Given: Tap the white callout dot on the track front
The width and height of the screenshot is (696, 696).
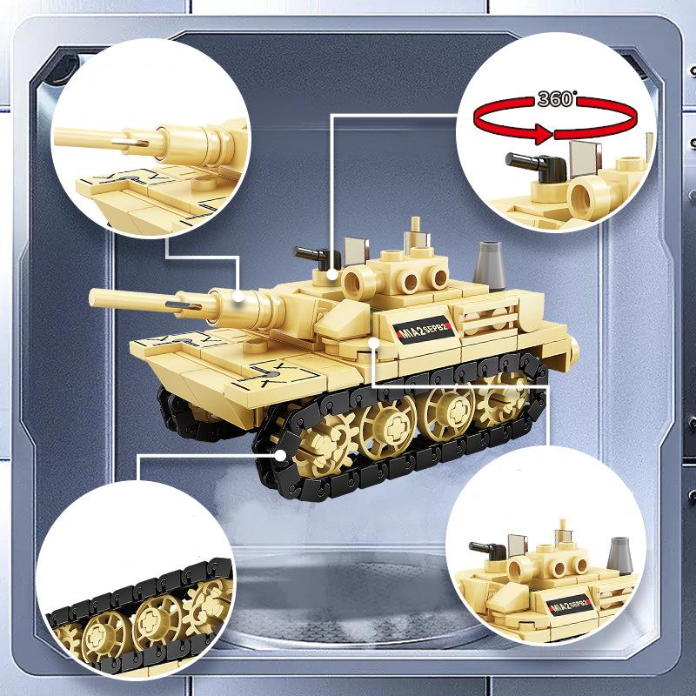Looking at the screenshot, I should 280,454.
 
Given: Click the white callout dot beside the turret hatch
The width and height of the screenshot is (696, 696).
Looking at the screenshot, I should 333,274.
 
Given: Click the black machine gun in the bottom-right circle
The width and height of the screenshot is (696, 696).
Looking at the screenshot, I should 487,550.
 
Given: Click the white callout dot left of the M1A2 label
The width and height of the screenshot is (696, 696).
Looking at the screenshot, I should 374,343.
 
